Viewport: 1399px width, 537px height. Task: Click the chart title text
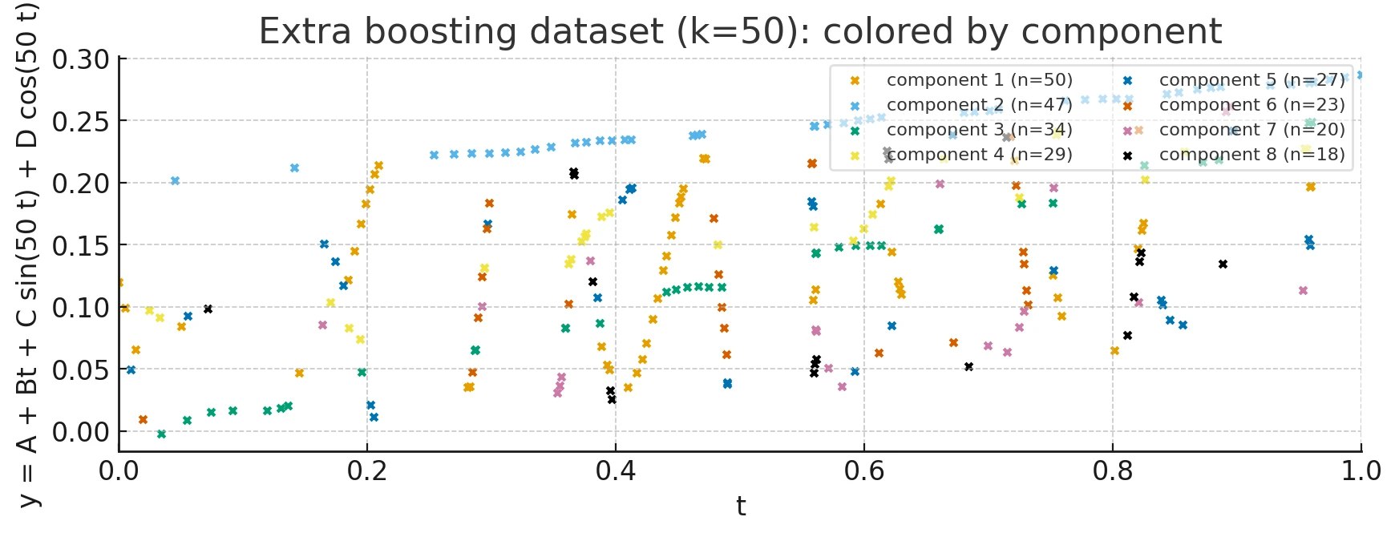tap(739, 32)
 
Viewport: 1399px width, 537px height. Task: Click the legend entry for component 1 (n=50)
tap(979, 80)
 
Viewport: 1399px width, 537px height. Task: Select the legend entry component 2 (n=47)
tap(979, 105)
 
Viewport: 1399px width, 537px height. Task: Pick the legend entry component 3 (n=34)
tap(979, 130)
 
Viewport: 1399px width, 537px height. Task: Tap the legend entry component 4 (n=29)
tap(979, 155)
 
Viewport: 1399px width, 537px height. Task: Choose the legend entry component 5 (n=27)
tap(1251, 80)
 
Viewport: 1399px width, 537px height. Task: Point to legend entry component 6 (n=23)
tap(1251, 105)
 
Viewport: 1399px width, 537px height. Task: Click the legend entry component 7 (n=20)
tap(1251, 130)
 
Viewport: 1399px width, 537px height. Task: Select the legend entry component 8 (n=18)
tap(1251, 155)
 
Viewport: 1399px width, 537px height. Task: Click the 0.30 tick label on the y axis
tap(80, 59)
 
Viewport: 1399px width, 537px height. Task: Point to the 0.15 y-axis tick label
tap(80, 245)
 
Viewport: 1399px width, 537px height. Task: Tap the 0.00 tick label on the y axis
tap(80, 432)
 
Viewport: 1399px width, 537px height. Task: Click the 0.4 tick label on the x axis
tap(616, 471)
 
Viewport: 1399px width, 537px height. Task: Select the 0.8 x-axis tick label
tap(1113, 471)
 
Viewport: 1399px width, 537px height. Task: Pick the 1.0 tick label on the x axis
tap(1361, 471)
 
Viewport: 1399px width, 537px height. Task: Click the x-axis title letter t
tap(741, 507)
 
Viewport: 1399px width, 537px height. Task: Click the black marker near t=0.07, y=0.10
tap(208, 309)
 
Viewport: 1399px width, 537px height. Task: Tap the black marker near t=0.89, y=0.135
tap(1223, 264)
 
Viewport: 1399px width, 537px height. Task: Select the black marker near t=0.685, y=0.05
tap(968, 366)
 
